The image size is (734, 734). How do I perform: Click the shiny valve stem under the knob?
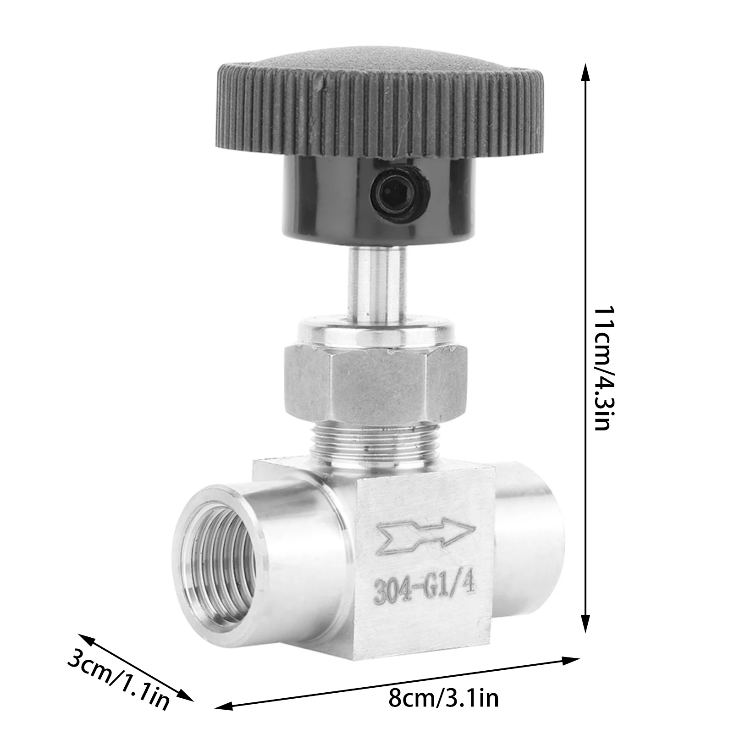pyautogui.click(x=377, y=284)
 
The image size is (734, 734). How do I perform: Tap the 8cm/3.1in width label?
pyautogui.click(x=443, y=699)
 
